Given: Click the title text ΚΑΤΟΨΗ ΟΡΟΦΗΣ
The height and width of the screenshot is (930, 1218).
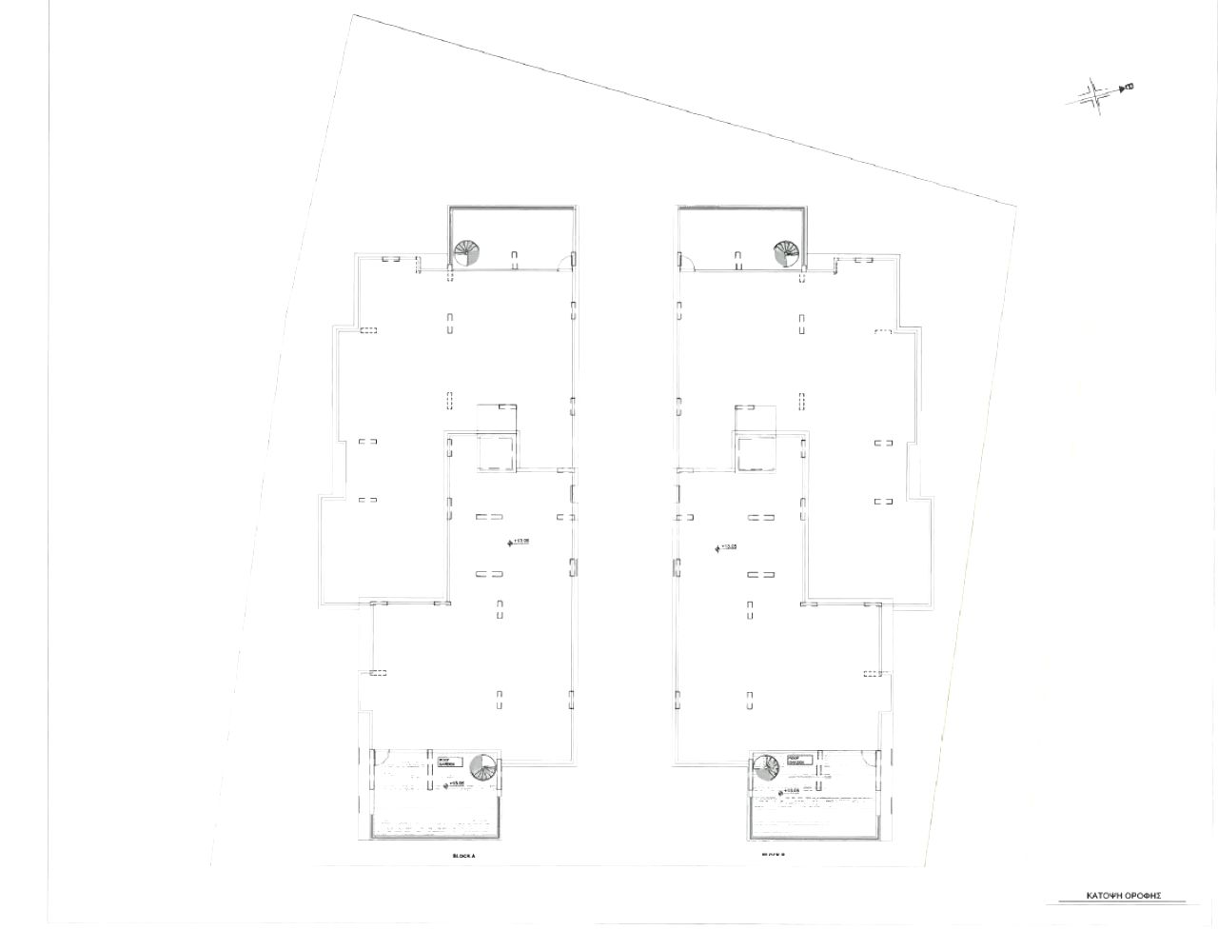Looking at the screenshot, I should click(x=1123, y=896).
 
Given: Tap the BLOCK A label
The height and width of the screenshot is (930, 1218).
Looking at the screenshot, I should click(x=463, y=856).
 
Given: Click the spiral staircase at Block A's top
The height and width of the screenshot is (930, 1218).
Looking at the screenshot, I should click(x=467, y=253).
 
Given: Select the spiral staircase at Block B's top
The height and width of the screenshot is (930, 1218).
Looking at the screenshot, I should click(x=786, y=253).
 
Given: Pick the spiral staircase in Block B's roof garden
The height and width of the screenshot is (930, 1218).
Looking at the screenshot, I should click(x=766, y=767).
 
